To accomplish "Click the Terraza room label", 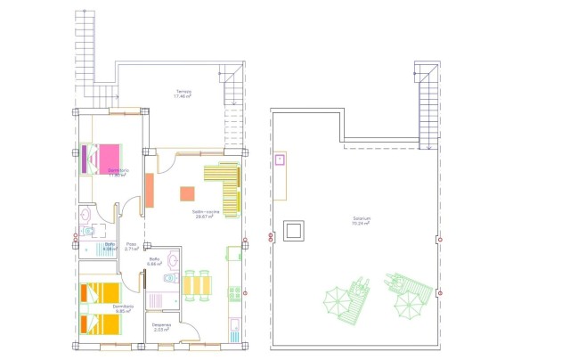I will point(183,91).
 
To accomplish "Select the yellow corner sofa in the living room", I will point(226,186).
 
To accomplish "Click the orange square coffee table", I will point(187,193).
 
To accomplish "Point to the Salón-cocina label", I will point(206,212).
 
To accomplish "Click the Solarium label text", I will point(361,218).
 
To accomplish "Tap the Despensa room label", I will point(161,324).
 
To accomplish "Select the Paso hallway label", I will point(131,244).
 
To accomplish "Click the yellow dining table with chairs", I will point(198,285).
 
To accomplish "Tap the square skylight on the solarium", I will point(293,232).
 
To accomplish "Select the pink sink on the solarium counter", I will point(280,160).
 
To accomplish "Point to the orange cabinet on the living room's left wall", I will point(150,191).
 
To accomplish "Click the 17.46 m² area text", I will point(183,97).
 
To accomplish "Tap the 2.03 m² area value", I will point(161,331).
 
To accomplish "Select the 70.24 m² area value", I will point(361,225).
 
